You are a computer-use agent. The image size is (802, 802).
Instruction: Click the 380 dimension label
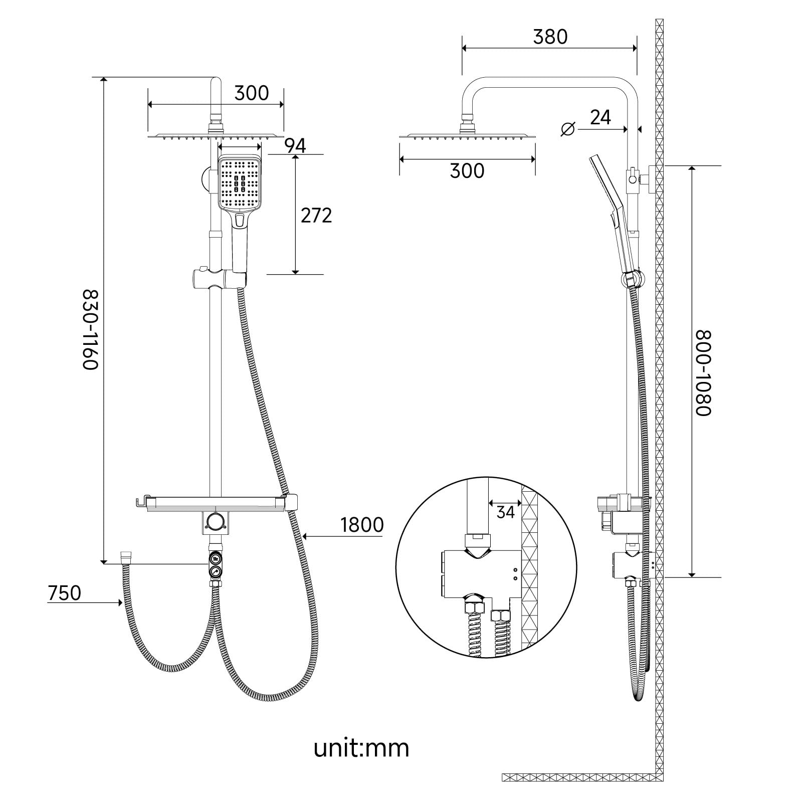click(x=550, y=37)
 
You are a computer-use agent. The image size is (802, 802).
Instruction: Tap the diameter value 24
click(x=600, y=117)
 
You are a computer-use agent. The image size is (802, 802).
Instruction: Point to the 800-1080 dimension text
click(x=703, y=372)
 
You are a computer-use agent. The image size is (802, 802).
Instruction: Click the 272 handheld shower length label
click(x=316, y=216)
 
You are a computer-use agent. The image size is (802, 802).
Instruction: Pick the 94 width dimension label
click(x=295, y=145)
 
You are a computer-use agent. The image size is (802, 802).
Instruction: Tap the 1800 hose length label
click(x=362, y=525)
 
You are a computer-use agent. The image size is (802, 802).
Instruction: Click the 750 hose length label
click(x=64, y=593)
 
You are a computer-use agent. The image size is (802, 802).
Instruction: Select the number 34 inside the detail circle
click(x=505, y=512)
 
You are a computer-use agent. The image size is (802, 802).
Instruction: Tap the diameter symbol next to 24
click(x=567, y=129)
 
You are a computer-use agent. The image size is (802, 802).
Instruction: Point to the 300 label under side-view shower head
click(x=467, y=171)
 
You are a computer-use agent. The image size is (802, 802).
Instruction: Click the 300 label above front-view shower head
click(x=252, y=93)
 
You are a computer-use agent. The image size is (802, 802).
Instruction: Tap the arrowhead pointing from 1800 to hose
click(x=306, y=536)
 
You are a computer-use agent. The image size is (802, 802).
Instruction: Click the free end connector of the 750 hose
click(x=126, y=556)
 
